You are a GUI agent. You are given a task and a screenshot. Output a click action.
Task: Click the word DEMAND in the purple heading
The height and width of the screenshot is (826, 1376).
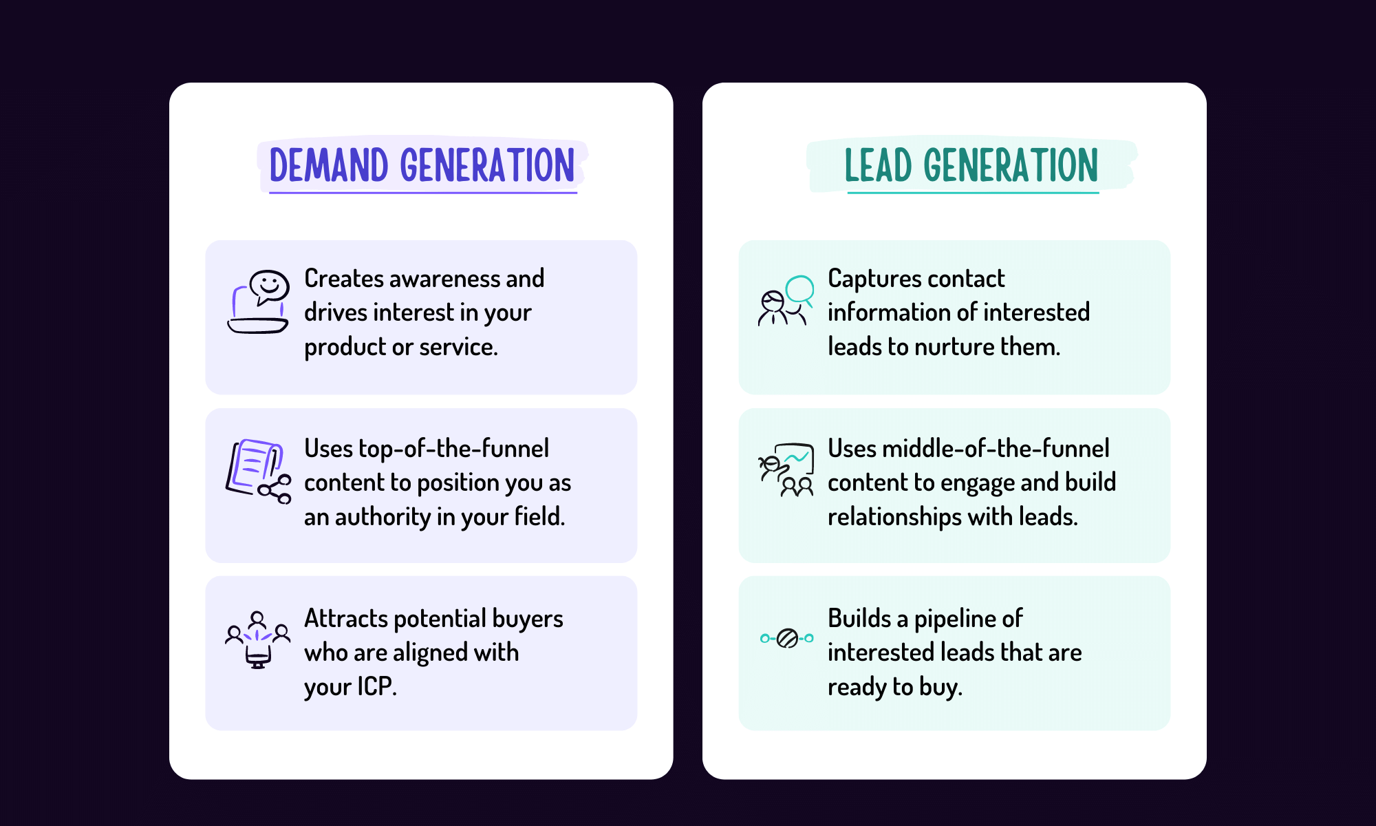328,165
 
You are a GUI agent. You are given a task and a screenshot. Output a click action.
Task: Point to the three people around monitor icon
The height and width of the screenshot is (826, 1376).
257,639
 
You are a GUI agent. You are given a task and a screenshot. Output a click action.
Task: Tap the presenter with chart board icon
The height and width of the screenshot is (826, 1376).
786,469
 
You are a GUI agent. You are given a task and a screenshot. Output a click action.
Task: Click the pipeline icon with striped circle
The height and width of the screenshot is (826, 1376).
786,639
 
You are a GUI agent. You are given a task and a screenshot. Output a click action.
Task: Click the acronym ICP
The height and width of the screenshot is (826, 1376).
376,686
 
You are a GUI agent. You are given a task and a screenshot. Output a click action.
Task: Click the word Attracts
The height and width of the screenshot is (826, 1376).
345,619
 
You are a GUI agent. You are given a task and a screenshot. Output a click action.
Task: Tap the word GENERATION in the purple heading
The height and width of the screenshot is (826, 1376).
487,165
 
